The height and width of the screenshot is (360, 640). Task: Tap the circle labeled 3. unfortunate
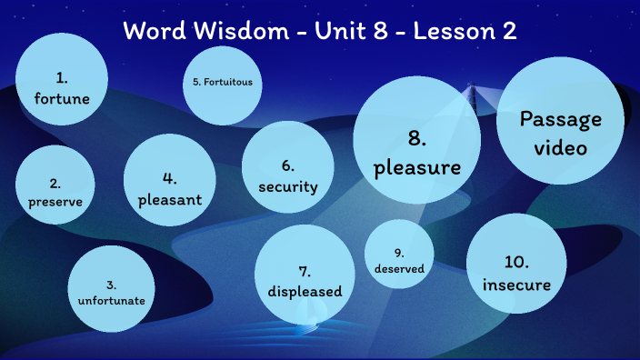click(x=111, y=288)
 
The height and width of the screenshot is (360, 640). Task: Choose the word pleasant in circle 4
click(x=169, y=201)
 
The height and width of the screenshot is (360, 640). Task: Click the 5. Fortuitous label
click(x=223, y=82)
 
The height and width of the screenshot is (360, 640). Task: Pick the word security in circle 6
click(x=287, y=187)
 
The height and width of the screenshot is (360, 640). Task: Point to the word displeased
click(x=305, y=292)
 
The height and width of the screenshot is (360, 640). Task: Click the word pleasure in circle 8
click(x=416, y=167)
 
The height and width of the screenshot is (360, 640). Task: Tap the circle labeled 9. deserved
click(x=399, y=261)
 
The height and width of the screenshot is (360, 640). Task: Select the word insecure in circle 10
click(x=516, y=285)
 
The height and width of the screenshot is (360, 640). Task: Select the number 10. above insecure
click(x=516, y=262)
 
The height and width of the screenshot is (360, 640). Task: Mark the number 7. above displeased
click(x=305, y=271)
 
